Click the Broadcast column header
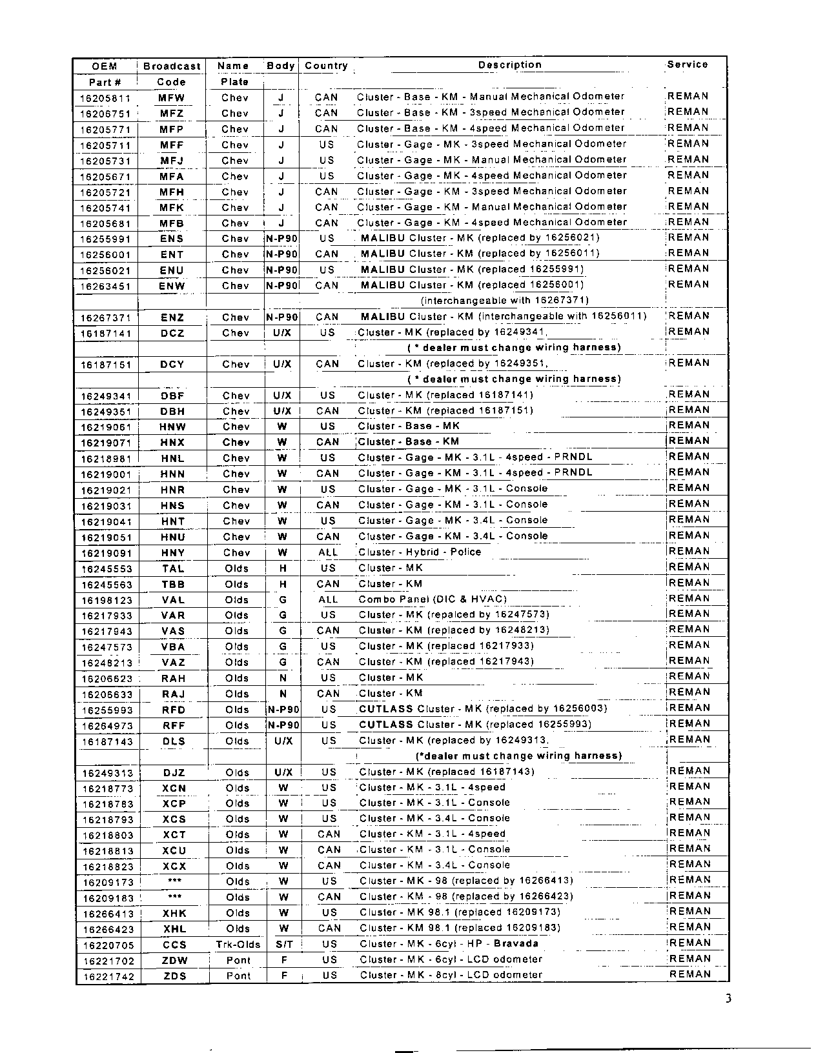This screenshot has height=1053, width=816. (x=172, y=66)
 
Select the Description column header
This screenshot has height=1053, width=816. (x=509, y=65)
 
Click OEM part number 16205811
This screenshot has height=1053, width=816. (x=105, y=98)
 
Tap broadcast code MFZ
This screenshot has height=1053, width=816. (x=172, y=114)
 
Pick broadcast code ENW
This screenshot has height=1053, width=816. (x=172, y=286)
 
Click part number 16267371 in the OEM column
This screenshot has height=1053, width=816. (x=105, y=317)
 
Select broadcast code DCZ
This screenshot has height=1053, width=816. (x=172, y=333)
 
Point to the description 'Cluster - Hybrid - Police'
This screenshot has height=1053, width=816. (x=420, y=552)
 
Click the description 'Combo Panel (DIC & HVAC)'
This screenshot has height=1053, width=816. (x=433, y=599)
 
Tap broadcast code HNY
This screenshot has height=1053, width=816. (x=172, y=553)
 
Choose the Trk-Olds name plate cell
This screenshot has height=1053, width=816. (x=238, y=945)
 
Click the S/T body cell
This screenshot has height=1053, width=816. (x=284, y=945)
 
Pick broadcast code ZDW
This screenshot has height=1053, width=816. (x=174, y=961)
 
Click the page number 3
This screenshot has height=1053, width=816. (x=728, y=999)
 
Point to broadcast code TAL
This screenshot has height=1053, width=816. (x=173, y=568)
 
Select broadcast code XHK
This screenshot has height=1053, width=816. (x=174, y=913)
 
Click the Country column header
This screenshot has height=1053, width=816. (x=326, y=66)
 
